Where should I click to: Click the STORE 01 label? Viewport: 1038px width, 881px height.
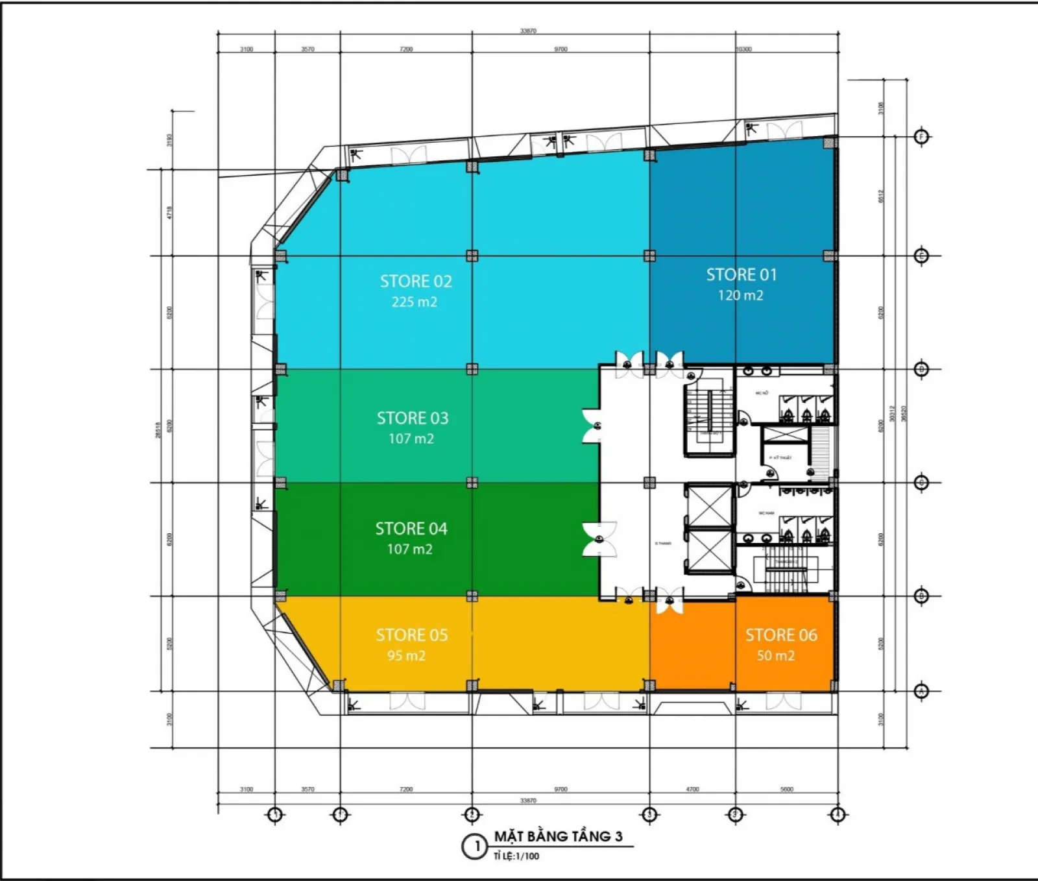[741, 275]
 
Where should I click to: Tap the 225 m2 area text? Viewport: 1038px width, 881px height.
[414, 302]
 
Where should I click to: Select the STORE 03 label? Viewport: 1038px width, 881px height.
[413, 418]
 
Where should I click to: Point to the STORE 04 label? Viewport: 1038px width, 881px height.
[411, 529]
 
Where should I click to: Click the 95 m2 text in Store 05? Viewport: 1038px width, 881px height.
[406, 656]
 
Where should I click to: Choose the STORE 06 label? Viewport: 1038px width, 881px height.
[781, 635]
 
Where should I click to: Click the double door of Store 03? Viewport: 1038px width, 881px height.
[592, 426]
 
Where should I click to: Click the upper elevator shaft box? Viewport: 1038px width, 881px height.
[709, 507]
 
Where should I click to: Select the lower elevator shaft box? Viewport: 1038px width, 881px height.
[709, 551]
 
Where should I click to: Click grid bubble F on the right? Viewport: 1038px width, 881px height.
[922, 137]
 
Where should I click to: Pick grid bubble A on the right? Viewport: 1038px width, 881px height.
[921, 692]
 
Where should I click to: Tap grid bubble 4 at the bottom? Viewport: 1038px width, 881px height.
[838, 814]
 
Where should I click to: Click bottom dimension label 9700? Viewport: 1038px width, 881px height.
[561, 790]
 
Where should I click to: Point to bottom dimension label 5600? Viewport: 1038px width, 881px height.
[786, 790]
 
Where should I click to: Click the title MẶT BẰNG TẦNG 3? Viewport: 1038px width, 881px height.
[558, 837]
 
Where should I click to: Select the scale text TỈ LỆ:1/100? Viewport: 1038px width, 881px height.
[516, 856]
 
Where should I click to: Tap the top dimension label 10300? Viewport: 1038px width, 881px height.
[743, 49]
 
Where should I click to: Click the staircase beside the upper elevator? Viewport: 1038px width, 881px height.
[708, 413]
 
